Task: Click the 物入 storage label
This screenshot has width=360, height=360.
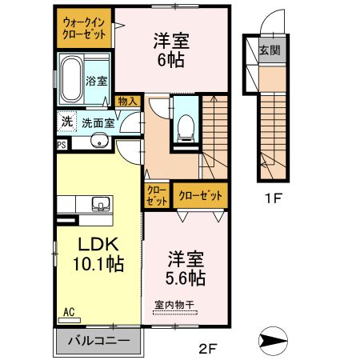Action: click(x=126, y=101)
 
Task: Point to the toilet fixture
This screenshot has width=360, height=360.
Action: click(x=186, y=125)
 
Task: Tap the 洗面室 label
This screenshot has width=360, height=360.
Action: click(x=99, y=124)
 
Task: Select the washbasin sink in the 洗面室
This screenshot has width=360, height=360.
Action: click(x=99, y=142)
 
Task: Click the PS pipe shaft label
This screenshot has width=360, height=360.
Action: click(x=61, y=145)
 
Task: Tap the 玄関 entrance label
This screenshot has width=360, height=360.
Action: click(x=268, y=50)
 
